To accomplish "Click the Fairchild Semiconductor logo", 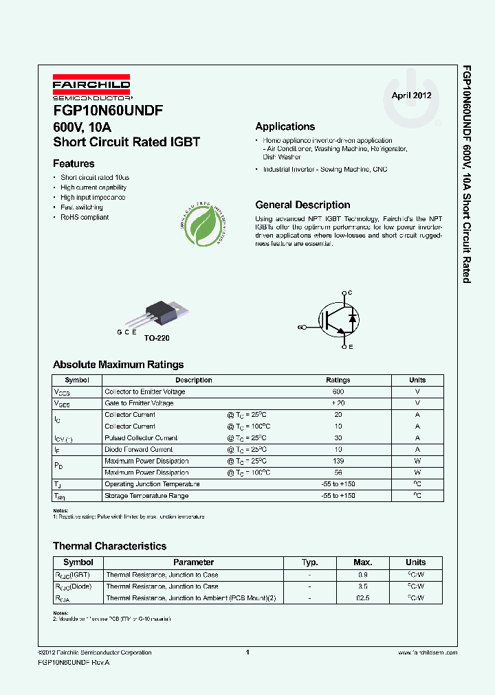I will point(91,88).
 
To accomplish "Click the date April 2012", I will point(411,95).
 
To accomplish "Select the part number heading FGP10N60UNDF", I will point(108,110).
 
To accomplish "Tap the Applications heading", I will point(285,126).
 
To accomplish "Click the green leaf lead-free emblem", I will point(203,225).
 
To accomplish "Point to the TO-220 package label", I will point(156,338).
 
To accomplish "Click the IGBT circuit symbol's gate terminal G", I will point(300,327).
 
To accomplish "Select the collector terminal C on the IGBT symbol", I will point(350,293).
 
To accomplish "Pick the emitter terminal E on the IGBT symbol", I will point(350,347).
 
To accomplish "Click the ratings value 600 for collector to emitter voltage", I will point(338,391).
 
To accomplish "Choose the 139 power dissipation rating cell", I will point(338,461).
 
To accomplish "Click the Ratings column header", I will point(338,380).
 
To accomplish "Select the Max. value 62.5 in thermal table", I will point(362,597).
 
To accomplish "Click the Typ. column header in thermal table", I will point(309,562).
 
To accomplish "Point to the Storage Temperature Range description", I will point(146,495).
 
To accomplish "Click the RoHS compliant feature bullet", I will point(85,217).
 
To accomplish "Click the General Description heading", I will point(302,205).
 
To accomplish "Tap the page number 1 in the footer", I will point(247,652).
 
